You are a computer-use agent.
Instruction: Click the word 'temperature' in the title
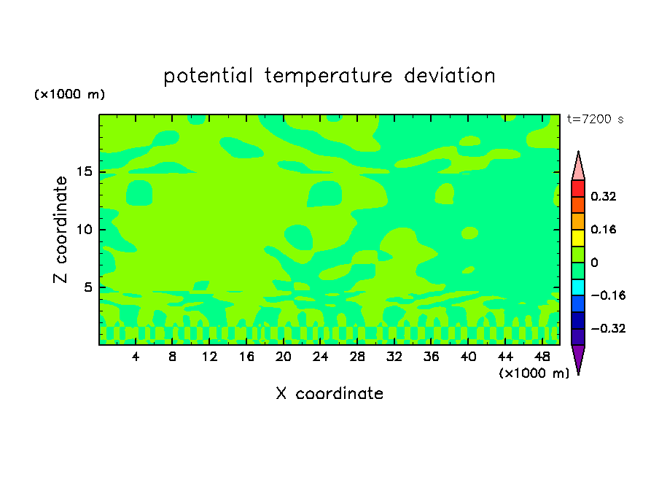point(328,76)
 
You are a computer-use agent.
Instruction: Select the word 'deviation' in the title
point(449,75)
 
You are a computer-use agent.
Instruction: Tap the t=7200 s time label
point(595,119)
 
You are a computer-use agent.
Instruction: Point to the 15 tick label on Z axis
point(85,171)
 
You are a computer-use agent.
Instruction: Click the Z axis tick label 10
point(85,230)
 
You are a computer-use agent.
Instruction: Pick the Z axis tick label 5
point(87,287)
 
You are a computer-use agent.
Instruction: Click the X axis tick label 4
point(136,357)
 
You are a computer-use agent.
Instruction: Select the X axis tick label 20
point(283,357)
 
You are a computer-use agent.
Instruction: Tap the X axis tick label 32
point(394,357)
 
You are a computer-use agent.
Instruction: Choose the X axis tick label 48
point(542,357)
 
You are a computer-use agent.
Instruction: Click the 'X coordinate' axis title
point(329,393)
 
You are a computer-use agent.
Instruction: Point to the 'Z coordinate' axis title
point(61,230)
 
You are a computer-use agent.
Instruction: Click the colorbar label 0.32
point(603,196)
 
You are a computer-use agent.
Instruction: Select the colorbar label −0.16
point(608,295)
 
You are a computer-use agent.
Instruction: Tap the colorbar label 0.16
point(603,229)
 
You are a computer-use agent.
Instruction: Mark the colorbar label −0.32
point(608,328)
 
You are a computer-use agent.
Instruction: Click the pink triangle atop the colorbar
point(578,168)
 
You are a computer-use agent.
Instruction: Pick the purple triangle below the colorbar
point(578,357)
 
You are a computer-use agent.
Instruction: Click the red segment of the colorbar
point(578,188)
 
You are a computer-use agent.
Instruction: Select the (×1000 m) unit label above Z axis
point(69,94)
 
